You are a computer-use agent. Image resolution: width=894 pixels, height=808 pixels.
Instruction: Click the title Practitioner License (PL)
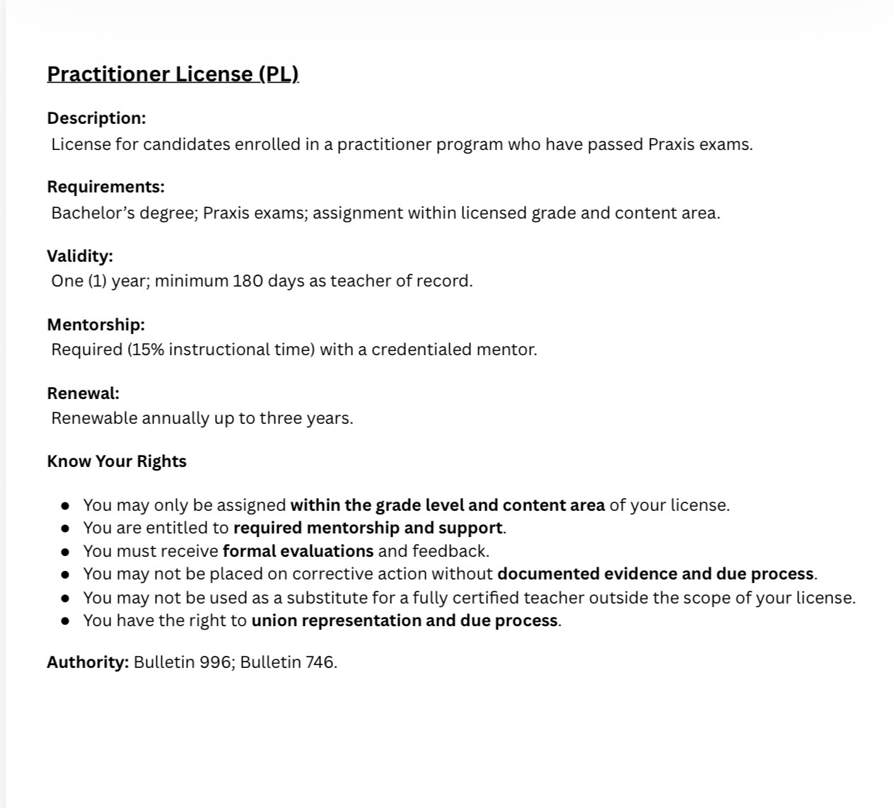pyautogui.click(x=173, y=74)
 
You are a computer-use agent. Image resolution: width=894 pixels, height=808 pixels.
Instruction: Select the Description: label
pyautogui.click(x=96, y=118)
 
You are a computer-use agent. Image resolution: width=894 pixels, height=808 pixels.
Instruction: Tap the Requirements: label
pyautogui.click(x=105, y=187)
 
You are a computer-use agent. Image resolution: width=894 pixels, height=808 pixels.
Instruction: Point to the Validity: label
pyautogui.click(x=80, y=255)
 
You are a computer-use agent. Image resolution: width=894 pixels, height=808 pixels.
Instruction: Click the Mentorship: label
pyautogui.click(x=95, y=325)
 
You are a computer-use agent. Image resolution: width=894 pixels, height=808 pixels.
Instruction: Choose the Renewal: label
pyautogui.click(x=83, y=393)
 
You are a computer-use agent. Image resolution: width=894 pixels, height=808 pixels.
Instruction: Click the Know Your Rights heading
pyautogui.click(x=117, y=461)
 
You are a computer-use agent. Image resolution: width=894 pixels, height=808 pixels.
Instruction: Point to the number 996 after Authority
pyautogui.click(x=215, y=662)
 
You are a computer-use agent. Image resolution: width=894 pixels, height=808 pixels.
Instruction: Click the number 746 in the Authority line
pyautogui.click(x=320, y=662)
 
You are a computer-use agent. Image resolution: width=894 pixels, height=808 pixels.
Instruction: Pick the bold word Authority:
pyautogui.click(x=88, y=662)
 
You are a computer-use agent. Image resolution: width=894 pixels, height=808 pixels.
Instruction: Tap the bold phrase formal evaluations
pyautogui.click(x=298, y=551)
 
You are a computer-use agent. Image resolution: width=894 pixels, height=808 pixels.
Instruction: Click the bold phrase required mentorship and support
pyautogui.click(x=368, y=528)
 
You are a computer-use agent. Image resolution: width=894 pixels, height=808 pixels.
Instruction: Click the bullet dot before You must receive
pyautogui.click(x=65, y=551)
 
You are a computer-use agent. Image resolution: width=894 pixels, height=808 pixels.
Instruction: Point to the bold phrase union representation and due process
pyautogui.click(x=405, y=621)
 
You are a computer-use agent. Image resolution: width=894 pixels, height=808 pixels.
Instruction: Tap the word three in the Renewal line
pyautogui.click(x=281, y=418)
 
